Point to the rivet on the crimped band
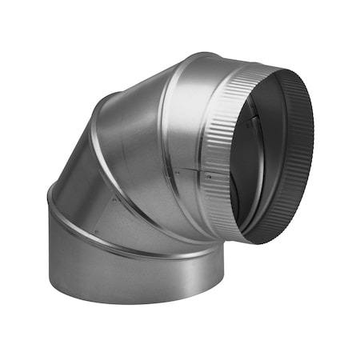210,173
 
